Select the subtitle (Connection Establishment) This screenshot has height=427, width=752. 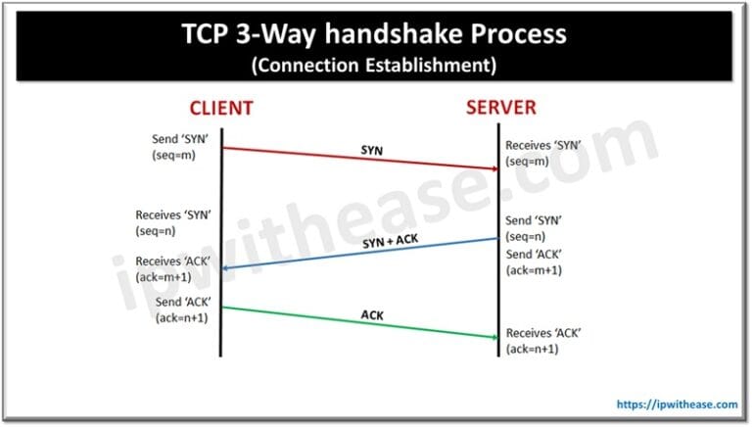[x=376, y=68]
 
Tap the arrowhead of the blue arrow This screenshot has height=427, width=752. [x=226, y=268]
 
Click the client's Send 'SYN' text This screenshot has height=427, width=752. [x=173, y=140]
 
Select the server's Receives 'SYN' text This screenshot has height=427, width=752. [x=543, y=145]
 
